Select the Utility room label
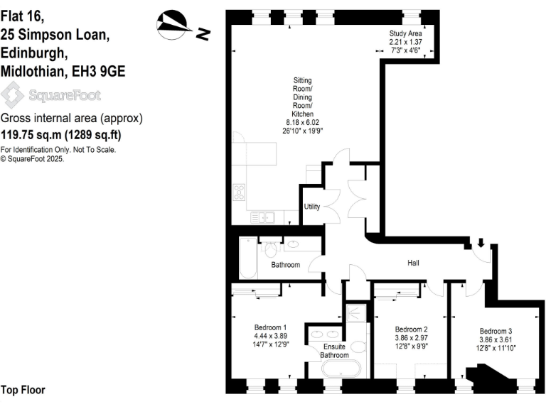pos(311,207)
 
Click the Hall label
pos(413,263)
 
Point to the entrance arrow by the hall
pos(481,244)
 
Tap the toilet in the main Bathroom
pos(270,250)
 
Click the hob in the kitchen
pos(240,192)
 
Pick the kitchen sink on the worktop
pos(262,217)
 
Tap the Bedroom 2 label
pos(411,329)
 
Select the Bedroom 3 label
pos(496,332)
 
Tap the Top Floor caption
pos(23,390)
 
